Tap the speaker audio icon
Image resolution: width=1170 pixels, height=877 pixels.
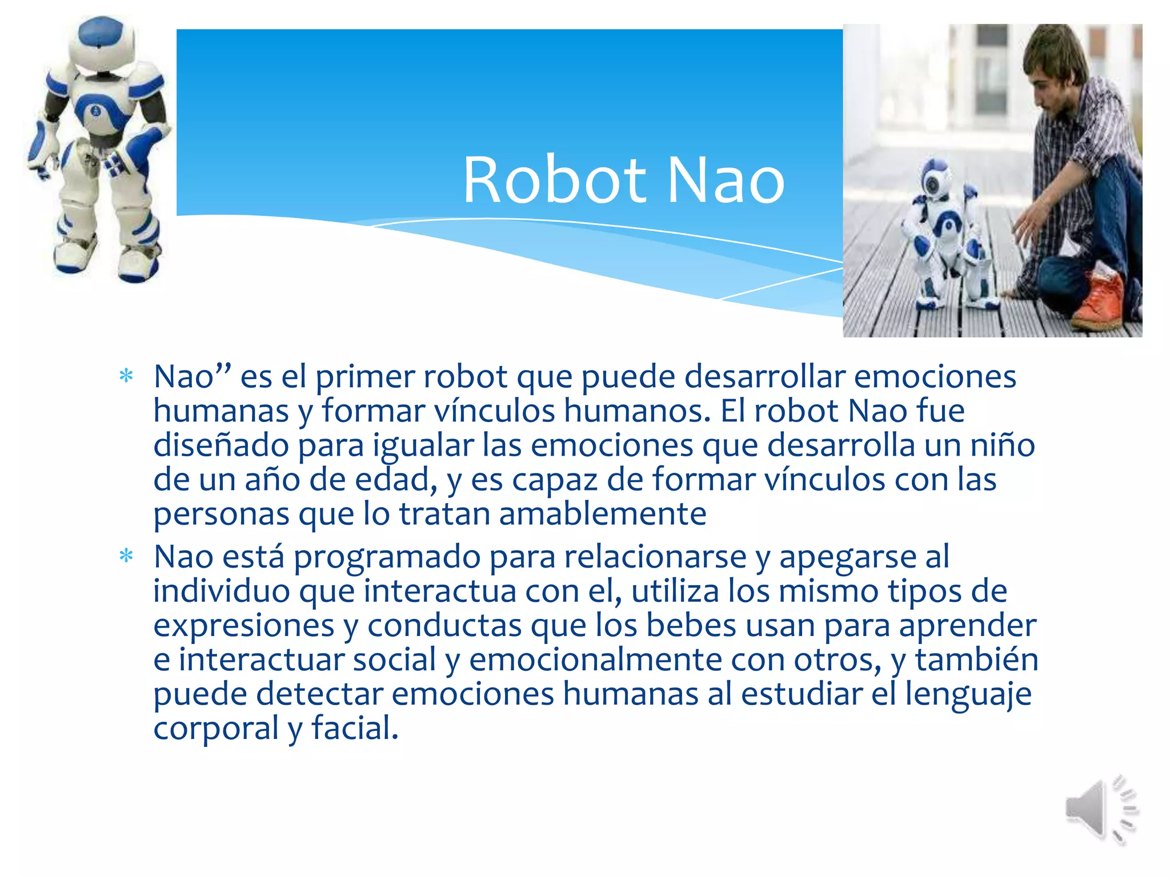tap(1100, 810)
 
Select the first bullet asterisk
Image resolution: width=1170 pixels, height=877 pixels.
tap(126, 377)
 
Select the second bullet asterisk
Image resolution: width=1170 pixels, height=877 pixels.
tap(126, 556)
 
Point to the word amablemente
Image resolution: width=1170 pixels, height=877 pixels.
tap(603, 514)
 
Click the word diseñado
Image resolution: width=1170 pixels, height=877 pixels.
tap(221, 445)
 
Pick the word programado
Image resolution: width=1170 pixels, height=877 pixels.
tap(387, 557)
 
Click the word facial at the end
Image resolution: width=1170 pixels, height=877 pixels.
tap(354, 729)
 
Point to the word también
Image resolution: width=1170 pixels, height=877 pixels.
tap(976, 659)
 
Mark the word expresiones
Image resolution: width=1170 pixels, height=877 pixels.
tap(243, 625)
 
